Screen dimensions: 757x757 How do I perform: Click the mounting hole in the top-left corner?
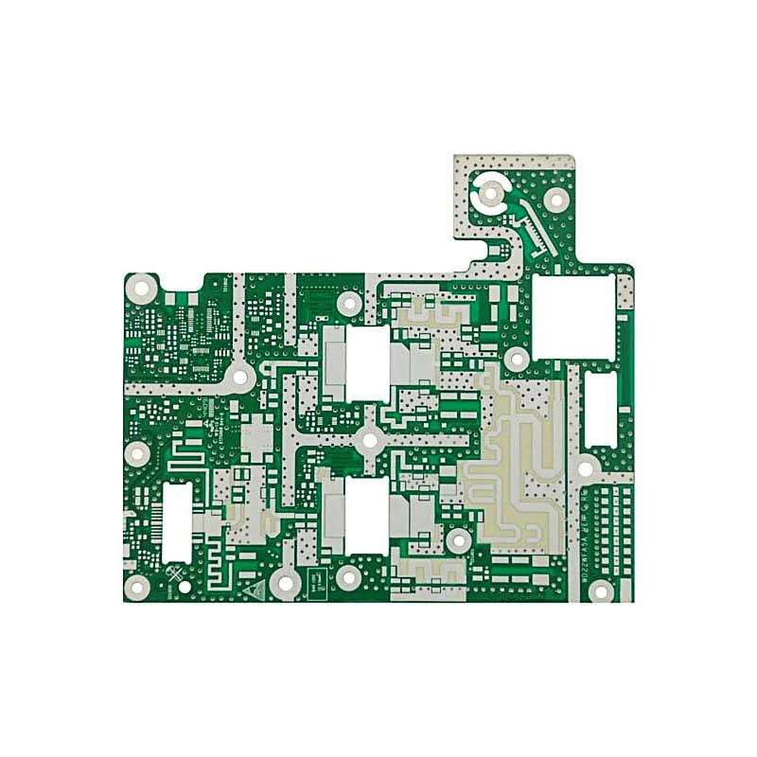pos(141,287)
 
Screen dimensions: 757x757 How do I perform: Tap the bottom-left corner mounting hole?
pos(138,589)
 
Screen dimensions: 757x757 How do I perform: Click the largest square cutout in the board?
pos(573,316)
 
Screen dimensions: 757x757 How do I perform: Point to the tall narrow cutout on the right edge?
pos(600,409)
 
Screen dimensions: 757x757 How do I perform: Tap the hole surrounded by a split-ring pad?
pos(490,194)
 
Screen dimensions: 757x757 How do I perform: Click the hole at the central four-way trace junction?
pos(369,439)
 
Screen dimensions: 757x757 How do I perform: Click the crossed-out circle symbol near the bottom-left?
pos(176,573)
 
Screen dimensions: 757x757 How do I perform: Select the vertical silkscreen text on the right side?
pos(585,530)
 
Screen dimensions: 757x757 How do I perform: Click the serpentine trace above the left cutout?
pos(189,458)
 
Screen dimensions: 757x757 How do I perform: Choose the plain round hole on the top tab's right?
pos(556,199)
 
